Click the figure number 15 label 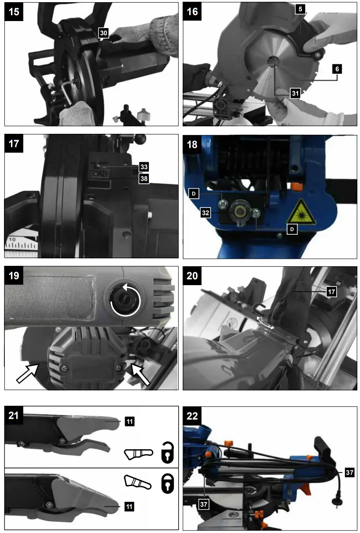tap(14, 11)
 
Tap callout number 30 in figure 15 tap(104, 33)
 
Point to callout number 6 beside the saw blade tap(336, 69)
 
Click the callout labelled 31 tap(295, 93)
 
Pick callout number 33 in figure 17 tap(144, 167)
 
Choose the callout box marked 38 tap(144, 178)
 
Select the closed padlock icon tap(167, 485)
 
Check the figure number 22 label tap(192, 415)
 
